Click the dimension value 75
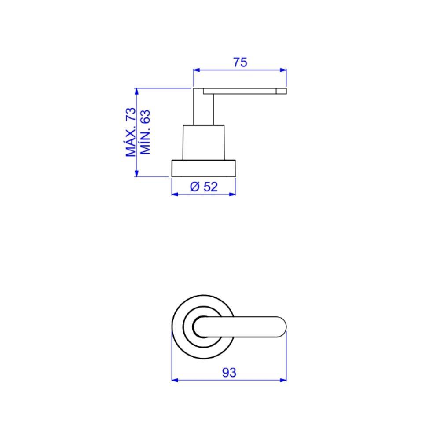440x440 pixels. click(x=240, y=62)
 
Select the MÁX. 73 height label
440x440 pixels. click(x=131, y=132)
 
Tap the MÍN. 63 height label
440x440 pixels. click(x=145, y=132)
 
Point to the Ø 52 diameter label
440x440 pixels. click(x=204, y=187)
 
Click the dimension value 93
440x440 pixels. click(x=229, y=373)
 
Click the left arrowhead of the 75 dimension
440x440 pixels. click(x=196, y=70)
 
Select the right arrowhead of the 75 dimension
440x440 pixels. click(x=283, y=70)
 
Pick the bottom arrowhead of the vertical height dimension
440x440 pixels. click(x=137, y=174)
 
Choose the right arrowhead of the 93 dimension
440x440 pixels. click(x=283, y=380)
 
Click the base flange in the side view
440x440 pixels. click(x=203, y=169)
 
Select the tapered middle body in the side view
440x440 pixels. click(x=203, y=142)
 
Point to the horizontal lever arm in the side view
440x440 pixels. click(x=240, y=91)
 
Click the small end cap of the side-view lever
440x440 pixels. click(x=281, y=91)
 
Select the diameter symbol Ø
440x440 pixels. click(x=195, y=187)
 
